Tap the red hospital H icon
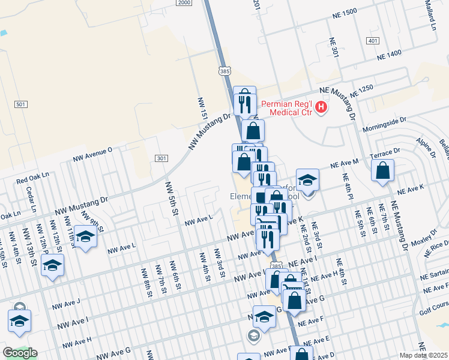coord(321,107)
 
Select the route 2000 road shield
coord(185,3)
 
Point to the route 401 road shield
coord(372,41)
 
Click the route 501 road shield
coord(21,104)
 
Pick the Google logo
coord(20,353)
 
